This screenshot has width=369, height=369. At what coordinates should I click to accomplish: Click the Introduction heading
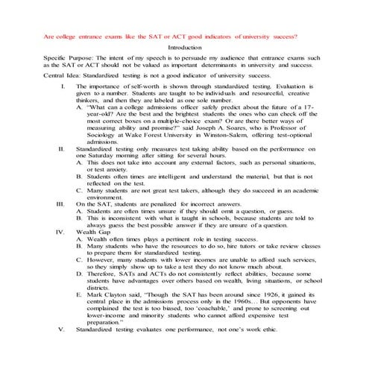185,47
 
